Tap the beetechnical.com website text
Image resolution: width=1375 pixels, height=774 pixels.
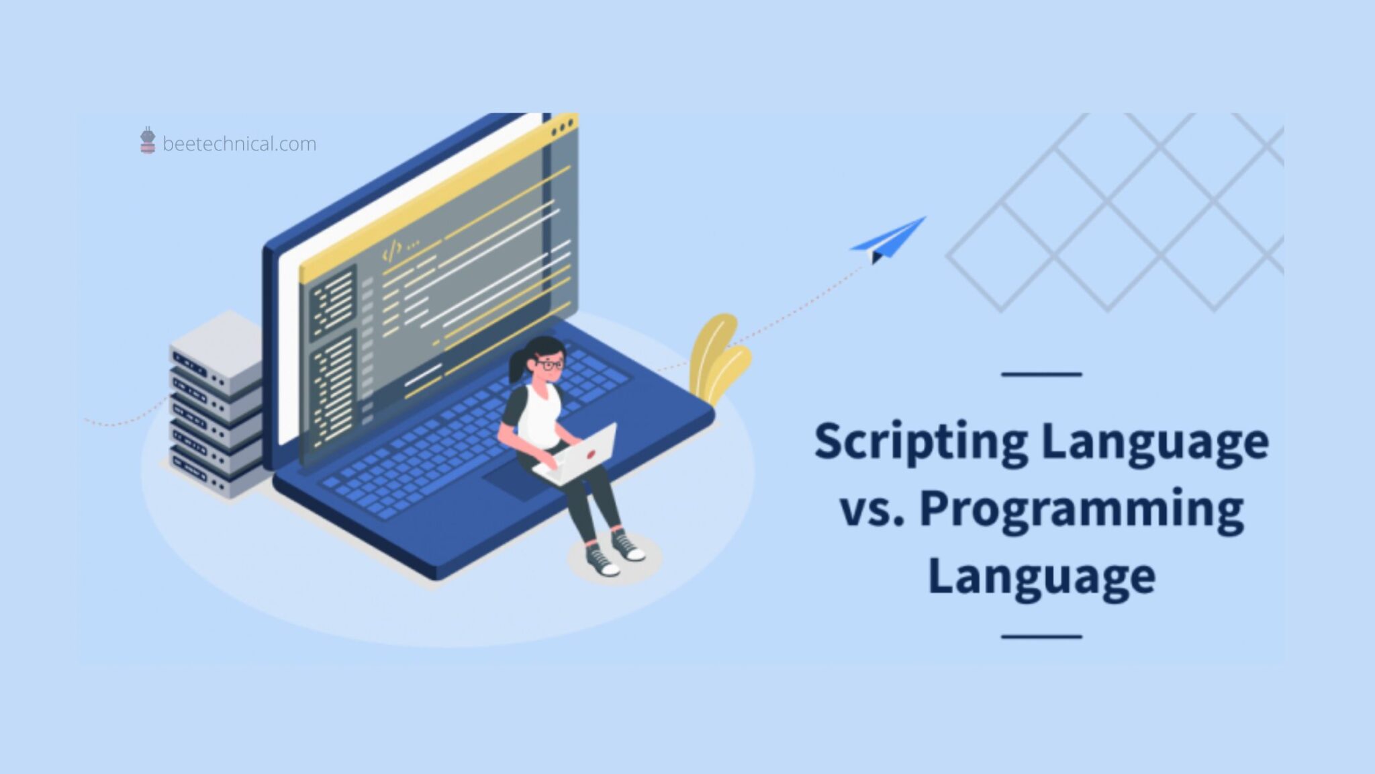239,144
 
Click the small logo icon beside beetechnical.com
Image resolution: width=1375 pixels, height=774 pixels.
148,140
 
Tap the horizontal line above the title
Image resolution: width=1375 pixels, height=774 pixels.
1041,374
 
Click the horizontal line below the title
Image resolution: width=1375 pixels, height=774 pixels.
1041,636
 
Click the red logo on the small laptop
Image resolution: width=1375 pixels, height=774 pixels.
591,454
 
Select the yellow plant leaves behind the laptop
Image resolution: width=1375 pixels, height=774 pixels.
717,359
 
